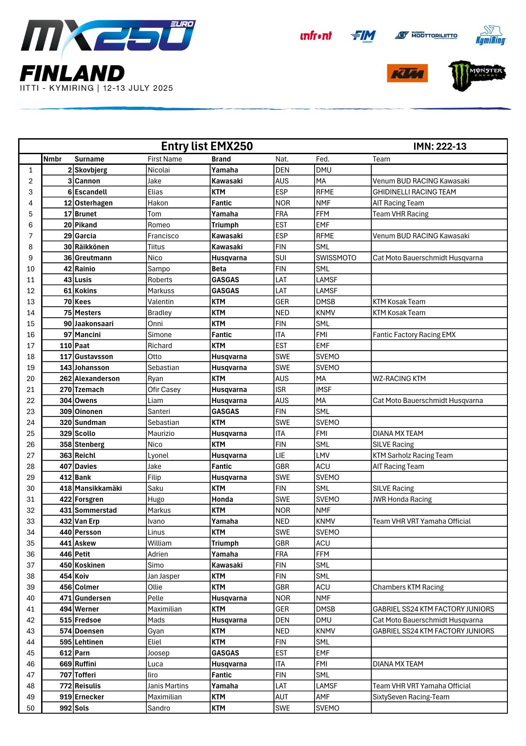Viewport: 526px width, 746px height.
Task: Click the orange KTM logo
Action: click(407, 73)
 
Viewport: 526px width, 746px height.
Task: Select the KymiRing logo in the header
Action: click(491, 36)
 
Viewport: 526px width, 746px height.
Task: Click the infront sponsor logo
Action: click(316, 36)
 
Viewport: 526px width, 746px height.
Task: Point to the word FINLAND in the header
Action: click(72, 74)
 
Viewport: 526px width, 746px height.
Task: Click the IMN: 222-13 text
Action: click(439, 147)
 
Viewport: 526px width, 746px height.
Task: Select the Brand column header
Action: click(221, 159)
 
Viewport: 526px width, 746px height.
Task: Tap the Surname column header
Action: click(89, 159)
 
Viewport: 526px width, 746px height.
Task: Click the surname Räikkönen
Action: click(92, 247)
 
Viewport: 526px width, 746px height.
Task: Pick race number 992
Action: click(65, 708)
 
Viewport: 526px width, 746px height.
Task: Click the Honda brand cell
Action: click(222, 499)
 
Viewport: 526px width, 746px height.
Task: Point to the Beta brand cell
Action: click(219, 269)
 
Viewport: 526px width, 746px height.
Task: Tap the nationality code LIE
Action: click(280, 455)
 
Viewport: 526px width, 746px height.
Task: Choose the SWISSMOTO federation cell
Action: click(336, 258)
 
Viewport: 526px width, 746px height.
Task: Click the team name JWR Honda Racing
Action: click(402, 499)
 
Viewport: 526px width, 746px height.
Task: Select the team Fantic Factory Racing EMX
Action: click(414, 335)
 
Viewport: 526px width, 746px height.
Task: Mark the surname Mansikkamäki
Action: click(98, 488)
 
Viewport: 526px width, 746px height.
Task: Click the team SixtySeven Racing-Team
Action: click(411, 697)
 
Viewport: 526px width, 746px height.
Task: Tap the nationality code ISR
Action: click(280, 389)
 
